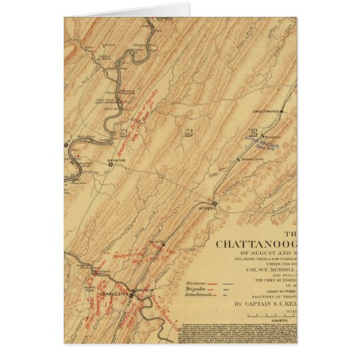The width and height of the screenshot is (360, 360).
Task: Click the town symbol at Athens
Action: pos(214,203)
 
